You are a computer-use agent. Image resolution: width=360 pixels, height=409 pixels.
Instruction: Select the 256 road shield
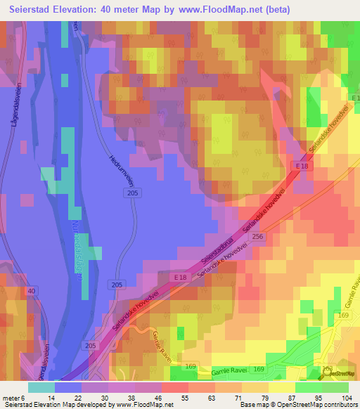pyautogui.click(x=257, y=238)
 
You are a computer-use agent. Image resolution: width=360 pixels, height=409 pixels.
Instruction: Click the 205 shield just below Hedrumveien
pyautogui.click(x=133, y=192)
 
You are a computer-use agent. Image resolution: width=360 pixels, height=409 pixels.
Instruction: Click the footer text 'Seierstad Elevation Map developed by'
pyautogui.click(x=58, y=405)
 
